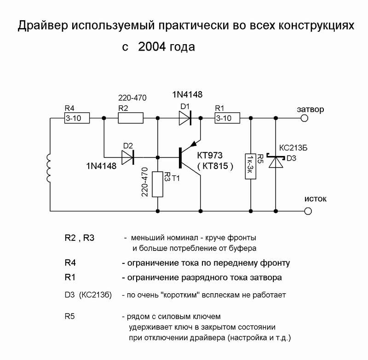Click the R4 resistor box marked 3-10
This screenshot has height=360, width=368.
(76, 118)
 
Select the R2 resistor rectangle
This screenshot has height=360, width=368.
(131, 118)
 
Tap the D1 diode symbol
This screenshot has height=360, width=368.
(185, 118)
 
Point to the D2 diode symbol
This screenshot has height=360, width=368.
(128, 157)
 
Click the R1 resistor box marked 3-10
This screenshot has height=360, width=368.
(227, 118)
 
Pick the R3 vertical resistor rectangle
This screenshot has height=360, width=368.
(158, 184)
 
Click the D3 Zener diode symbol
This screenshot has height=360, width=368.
(275, 162)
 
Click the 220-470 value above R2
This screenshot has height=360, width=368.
(131, 98)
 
